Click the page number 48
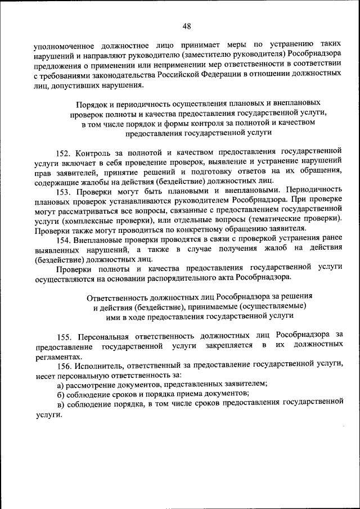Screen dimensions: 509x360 coord(187,26)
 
